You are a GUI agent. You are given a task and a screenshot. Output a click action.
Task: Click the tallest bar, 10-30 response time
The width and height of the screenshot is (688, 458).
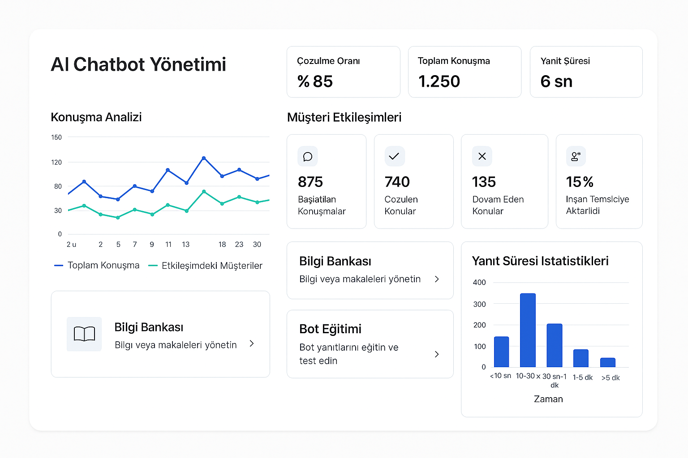click(528, 330)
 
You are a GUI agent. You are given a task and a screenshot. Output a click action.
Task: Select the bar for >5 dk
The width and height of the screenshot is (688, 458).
click(607, 362)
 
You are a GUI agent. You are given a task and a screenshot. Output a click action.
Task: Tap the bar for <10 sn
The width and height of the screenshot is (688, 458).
click(501, 352)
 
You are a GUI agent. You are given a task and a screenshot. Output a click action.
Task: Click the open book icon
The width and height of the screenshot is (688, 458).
click(84, 334)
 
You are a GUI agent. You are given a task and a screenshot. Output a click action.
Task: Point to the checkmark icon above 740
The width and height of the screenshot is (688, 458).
click(394, 157)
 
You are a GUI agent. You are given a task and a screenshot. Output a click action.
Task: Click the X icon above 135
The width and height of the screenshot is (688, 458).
click(482, 157)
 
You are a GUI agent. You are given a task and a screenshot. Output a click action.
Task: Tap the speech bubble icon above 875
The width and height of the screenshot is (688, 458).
click(307, 157)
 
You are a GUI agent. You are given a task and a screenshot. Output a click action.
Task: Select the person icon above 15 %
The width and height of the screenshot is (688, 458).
click(576, 157)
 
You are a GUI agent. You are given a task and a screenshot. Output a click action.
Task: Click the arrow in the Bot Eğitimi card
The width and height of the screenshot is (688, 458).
click(437, 354)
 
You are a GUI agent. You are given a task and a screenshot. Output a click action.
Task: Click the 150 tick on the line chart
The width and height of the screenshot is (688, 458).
click(56, 137)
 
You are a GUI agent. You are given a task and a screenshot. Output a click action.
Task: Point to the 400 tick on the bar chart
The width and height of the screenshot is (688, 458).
click(479, 282)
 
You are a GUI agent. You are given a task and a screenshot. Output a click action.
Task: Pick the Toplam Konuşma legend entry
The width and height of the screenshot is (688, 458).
click(97, 265)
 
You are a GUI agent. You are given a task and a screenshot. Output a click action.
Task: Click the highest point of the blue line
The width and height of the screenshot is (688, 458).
click(204, 158)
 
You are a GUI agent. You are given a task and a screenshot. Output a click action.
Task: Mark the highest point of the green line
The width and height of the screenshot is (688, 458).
click(204, 192)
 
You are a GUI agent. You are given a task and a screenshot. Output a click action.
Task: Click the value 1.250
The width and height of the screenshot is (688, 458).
click(439, 81)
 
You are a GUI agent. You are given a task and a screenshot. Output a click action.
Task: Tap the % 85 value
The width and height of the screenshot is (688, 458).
click(315, 81)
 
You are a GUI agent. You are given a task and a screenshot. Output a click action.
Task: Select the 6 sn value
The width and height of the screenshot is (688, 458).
click(556, 81)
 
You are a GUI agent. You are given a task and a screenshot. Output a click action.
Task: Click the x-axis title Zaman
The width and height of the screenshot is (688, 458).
click(548, 399)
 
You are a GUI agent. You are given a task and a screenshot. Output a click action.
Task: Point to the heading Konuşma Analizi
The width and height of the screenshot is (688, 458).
click(96, 117)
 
